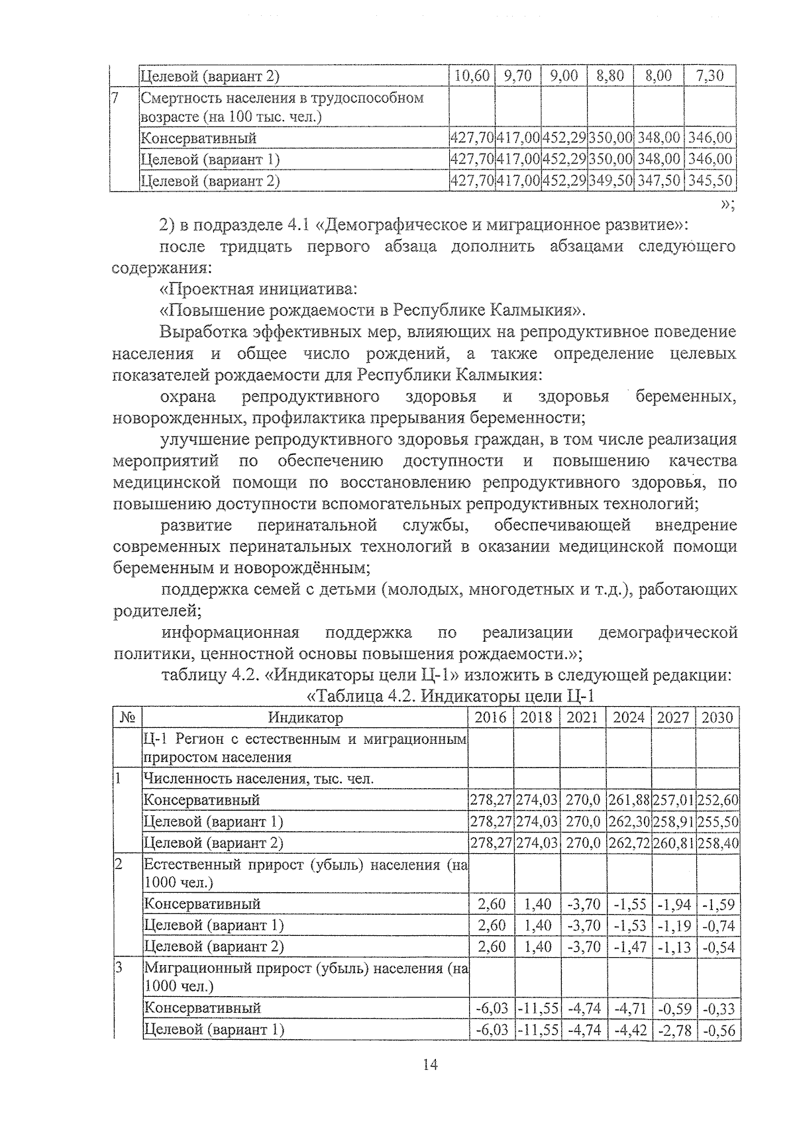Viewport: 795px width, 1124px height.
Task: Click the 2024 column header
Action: [x=628, y=718]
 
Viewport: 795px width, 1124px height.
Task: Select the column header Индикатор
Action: [x=305, y=718]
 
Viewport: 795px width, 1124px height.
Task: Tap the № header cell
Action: [x=129, y=718]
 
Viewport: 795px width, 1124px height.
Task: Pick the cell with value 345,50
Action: [x=710, y=180]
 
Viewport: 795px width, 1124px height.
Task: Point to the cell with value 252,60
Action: [x=718, y=800]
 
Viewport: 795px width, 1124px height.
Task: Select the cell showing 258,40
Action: [x=718, y=843]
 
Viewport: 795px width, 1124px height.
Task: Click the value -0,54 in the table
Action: [x=718, y=946]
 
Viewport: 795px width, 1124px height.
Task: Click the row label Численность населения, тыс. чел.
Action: [x=258, y=779]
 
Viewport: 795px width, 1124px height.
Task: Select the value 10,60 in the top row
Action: [x=471, y=76]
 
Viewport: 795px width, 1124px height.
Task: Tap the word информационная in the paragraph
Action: [x=231, y=633]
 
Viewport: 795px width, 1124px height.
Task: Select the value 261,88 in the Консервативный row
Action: [x=628, y=800]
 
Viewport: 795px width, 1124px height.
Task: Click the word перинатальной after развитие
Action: [x=317, y=525]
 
